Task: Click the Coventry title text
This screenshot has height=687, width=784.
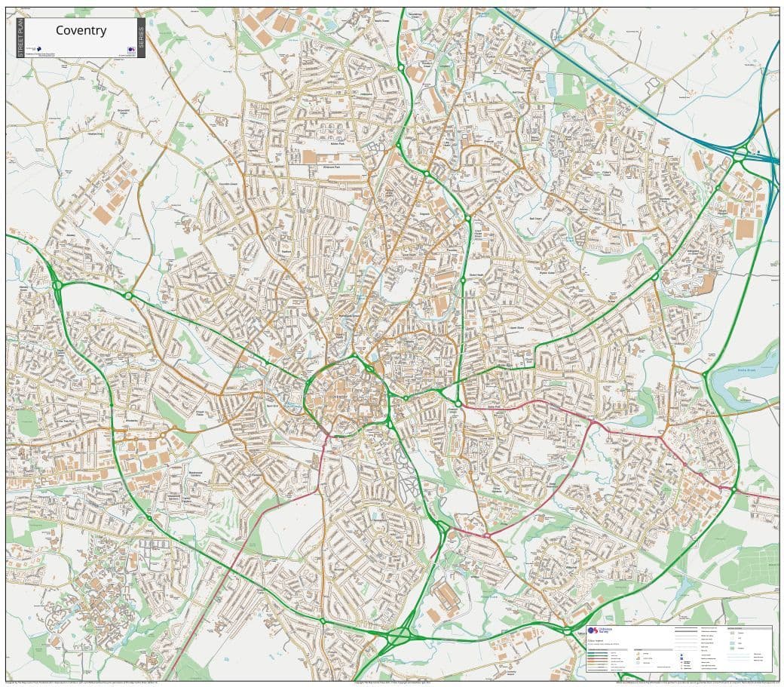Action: point(81,30)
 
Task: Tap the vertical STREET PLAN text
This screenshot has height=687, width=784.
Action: point(20,38)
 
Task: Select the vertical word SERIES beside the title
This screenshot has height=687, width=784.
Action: point(141,38)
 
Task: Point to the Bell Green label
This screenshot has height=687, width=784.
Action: point(537,218)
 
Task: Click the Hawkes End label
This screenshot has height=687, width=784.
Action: point(95,133)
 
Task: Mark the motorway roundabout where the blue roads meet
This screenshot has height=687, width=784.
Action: point(740,155)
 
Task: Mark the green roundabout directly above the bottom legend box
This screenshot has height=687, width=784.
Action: point(566,630)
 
